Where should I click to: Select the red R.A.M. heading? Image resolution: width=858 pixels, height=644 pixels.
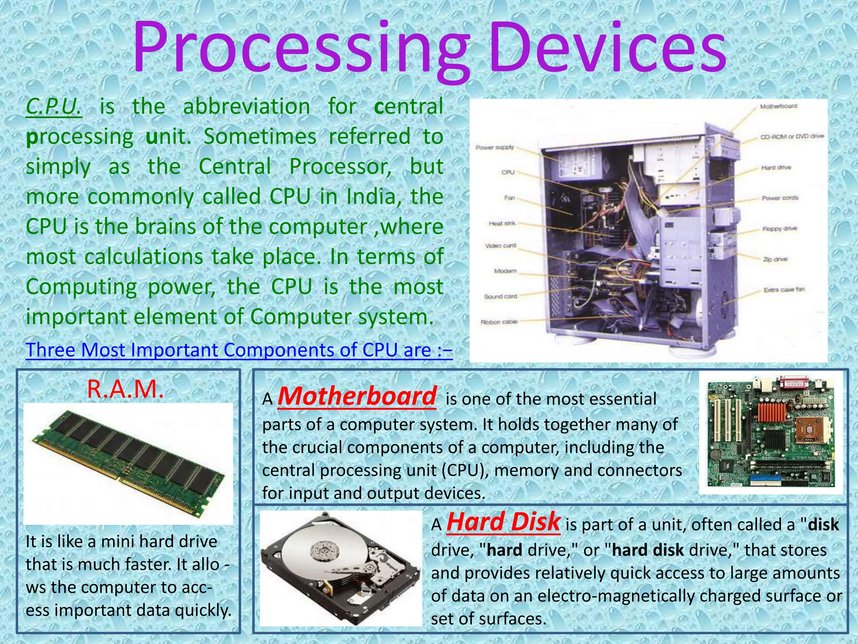coord(125,389)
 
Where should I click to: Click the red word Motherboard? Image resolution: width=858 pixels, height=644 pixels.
coord(357,396)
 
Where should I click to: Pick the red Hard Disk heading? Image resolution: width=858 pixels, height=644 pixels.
coord(503,522)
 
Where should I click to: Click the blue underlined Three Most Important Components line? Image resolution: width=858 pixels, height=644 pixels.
coord(239,350)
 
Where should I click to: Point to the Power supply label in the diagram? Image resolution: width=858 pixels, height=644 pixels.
coord(494,148)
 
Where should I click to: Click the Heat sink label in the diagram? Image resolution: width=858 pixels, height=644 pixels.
coord(502,223)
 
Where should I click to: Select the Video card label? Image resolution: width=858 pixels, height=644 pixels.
coord(501,246)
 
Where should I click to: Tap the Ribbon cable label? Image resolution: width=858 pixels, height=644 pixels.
coord(499,322)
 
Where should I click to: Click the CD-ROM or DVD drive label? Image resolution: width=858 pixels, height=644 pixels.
coord(792,137)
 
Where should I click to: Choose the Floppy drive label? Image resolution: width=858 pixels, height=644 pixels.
coord(780,229)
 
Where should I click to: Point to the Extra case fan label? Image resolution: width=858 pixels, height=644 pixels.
coord(784,290)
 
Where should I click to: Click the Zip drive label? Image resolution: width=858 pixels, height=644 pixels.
coord(775,260)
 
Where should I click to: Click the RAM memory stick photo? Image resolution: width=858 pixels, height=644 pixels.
coord(128,463)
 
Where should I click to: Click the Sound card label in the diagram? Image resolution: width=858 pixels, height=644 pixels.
coord(500,296)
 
